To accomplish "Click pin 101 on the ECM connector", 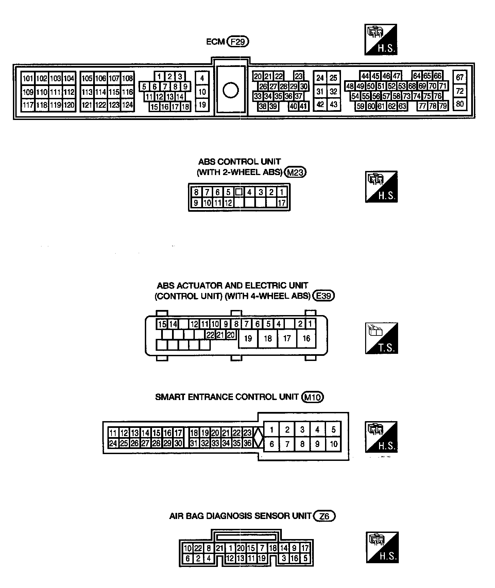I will click(x=28, y=79).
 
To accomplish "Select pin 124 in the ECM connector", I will click(x=127, y=105).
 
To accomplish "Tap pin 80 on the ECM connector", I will click(x=460, y=104).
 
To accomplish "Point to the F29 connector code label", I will click(x=238, y=41).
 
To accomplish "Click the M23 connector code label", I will click(x=295, y=172).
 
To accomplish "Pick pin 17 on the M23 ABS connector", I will click(x=282, y=203).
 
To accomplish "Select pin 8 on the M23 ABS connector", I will click(x=196, y=192).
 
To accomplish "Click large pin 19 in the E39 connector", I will click(x=248, y=339).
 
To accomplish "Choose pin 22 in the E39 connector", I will click(x=210, y=335).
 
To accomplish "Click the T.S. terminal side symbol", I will click(x=381, y=338).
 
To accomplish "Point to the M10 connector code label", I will click(x=312, y=397).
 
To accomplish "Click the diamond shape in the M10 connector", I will click(x=259, y=437).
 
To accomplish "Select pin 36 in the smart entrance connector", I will click(x=247, y=443).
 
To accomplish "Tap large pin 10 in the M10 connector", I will click(x=333, y=444).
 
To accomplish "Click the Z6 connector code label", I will click(x=325, y=516).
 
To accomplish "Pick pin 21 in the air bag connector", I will click(x=220, y=548).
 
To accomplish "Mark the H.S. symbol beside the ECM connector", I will click(x=381, y=39).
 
